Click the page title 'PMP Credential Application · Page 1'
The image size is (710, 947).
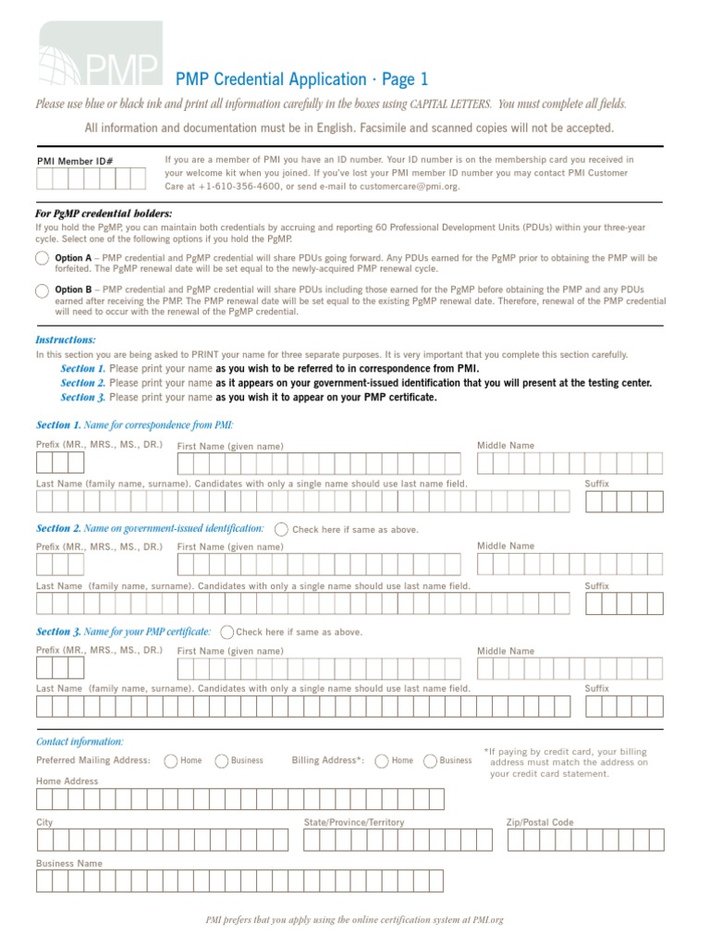(301, 80)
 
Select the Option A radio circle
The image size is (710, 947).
(43, 258)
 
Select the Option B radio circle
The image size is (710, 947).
(43, 291)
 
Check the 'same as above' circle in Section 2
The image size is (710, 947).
(281, 530)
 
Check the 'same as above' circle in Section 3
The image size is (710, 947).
(227, 632)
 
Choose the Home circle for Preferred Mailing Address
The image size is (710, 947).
(171, 761)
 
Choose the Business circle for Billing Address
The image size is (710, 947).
(431, 761)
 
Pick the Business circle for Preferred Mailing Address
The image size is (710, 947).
(222, 761)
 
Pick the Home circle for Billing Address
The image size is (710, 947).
(382, 761)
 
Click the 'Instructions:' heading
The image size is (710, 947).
(66, 340)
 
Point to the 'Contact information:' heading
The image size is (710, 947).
(80, 742)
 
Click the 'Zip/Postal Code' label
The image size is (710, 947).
(540, 822)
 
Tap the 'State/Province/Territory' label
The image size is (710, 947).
(354, 822)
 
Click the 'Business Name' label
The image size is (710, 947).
(69, 863)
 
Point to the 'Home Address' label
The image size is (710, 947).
(67, 781)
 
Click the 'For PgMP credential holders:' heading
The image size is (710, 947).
(104, 214)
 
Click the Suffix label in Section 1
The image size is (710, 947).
(597, 484)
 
